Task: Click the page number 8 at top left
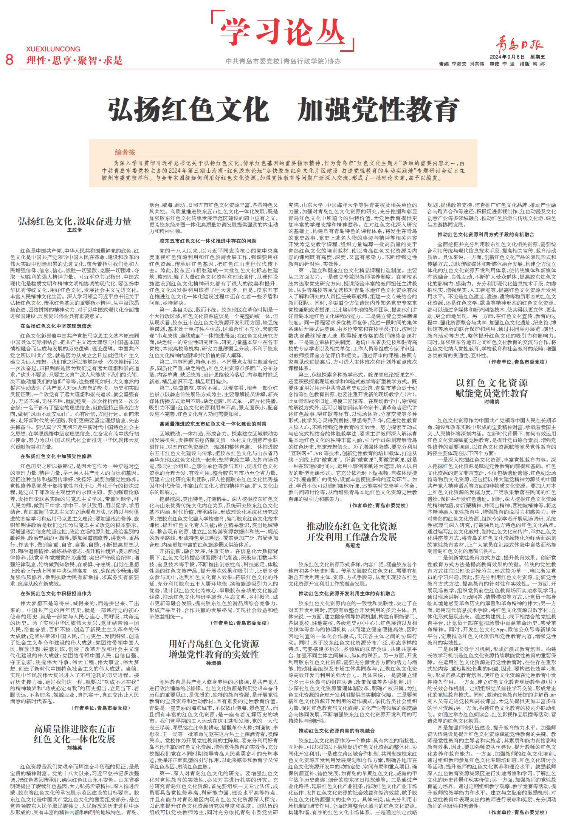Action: click(x=9, y=59)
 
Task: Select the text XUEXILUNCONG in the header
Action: click(x=53, y=49)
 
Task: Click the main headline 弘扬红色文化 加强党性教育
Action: click(x=283, y=110)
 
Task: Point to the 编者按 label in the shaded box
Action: click(x=125, y=152)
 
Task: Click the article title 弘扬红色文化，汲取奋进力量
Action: click(x=74, y=221)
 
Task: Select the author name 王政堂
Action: click(x=74, y=230)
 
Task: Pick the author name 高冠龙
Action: click(x=352, y=546)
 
